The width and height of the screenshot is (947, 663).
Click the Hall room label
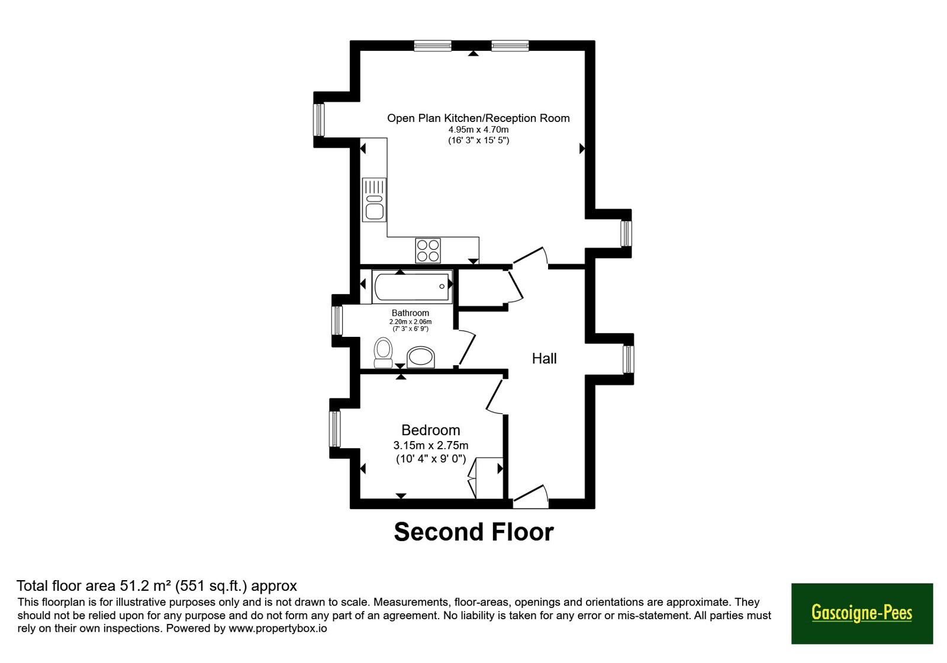[544, 359]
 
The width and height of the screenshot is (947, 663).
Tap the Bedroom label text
[430, 430]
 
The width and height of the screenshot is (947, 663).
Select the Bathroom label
[410, 313]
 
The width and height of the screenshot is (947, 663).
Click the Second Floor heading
[474, 532]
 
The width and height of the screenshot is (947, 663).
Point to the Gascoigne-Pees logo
[862, 613]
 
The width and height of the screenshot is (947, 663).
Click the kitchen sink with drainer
[374, 199]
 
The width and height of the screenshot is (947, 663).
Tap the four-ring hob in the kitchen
[428, 250]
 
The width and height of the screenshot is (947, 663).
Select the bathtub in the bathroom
[412, 287]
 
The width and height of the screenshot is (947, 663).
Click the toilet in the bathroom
[383, 352]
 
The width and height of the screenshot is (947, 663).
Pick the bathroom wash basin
[421, 358]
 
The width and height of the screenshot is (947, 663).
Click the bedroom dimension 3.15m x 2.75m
[430, 445]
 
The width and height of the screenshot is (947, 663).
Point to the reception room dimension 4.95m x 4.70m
[478, 130]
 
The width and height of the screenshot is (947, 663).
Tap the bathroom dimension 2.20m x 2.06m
[410, 322]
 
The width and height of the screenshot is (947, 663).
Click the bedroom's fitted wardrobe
[485, 478]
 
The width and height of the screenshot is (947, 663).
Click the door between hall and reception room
[530, 257]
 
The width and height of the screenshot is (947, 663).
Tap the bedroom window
[335, 429]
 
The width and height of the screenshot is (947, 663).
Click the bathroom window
[337, 320]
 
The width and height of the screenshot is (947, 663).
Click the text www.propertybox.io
[278, 628]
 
